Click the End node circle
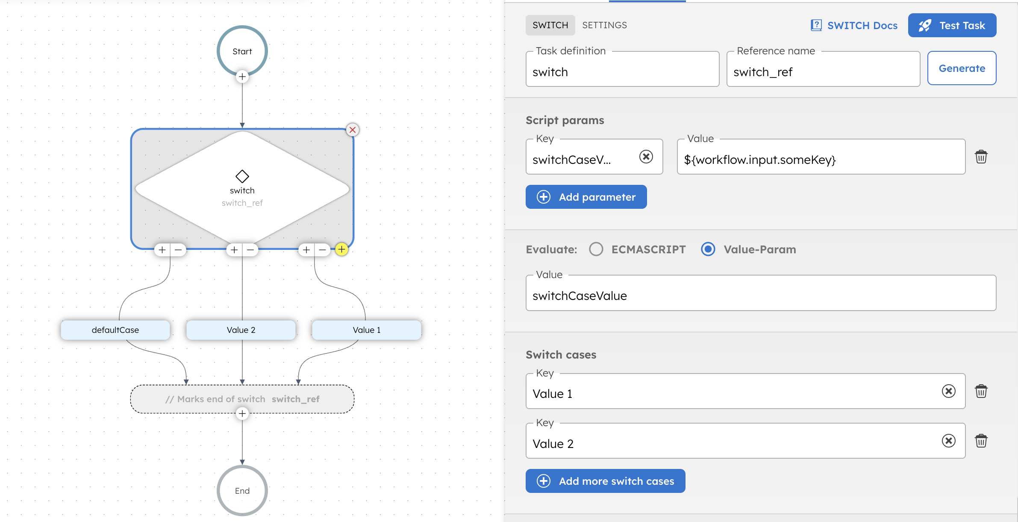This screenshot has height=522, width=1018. click(x=242, y=490)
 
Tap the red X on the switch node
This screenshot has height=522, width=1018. click(x=352, y=130)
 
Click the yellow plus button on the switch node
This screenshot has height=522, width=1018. click(x=341, y=249)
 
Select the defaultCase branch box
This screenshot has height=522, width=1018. click(x=115, y=330)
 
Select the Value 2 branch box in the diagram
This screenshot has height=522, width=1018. click(x=241, y=330)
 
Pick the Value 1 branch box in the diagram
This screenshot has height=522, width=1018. click(x=366, y=330)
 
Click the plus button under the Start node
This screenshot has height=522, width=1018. click(x=242, y=77)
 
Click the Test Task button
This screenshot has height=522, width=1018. click(x=952, y=26)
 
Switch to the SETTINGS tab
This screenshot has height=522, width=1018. click(x=604, y=25)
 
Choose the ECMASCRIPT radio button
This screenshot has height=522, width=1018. click(x=596, y=249)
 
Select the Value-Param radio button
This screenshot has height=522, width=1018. click(x=708, y=249)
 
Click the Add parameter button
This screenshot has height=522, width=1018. click(x=586, y=197)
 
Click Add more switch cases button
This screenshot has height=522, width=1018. click(x=605, y=481)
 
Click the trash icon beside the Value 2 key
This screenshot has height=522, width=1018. click(x=981, y=441)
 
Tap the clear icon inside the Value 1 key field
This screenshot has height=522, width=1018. click(x=948, y=391)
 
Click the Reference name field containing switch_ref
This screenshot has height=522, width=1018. click(x=823, y=71)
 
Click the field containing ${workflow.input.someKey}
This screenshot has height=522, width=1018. click(x=821, y=159)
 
